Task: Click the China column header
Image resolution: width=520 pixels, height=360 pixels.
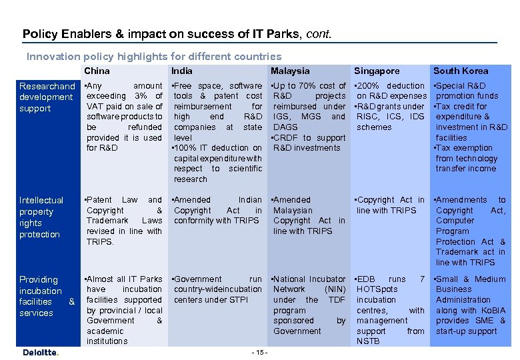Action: pyautogui.click(x=97, y=71)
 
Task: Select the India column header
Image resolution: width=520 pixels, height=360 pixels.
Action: pyautogui.click(x=181, y=71)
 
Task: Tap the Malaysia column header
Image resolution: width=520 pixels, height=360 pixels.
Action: pyautogui.click(x=290, y=71)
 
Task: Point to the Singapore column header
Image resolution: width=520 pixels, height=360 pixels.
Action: pyautogui.click(x=377, y=71)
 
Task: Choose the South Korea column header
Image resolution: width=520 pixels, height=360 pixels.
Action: pyautogui.click(x=461, y=71)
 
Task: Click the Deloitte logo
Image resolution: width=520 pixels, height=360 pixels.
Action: pyautogui.click(x=41, y=352)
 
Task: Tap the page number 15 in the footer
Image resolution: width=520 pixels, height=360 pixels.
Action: pyautogui.click(x=261, y=352)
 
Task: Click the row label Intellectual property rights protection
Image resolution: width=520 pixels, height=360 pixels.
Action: pyautogui.click(x=41, y=217)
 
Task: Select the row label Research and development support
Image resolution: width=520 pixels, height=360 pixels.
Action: pyautogui.click(x=47, y=97)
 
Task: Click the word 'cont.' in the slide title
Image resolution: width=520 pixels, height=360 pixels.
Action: pyautogui.click(x=318, y=33)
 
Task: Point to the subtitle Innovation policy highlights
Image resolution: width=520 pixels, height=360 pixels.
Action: pyautogui.click(x=153, y=57)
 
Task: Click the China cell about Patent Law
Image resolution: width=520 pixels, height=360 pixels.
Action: pyautogui.click(x=124, y=221)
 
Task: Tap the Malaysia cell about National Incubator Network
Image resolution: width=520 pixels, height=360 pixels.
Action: pyautogui.click(x=309, y=305)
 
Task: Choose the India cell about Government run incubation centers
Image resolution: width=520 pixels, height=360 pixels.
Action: pyautogui.click(x=217, y=289)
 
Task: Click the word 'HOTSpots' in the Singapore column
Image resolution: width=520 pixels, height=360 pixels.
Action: pyautogui.click(x=377, y=289)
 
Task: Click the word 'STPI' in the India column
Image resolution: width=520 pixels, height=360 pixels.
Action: pyautogui.click(x=239, y=300)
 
